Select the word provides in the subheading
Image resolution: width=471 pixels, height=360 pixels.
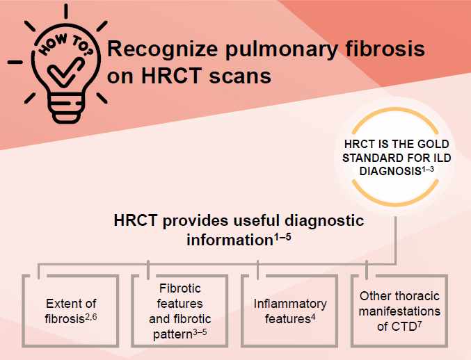[x=197, y=221]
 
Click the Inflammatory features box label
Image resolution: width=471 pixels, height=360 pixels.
[x=289, y=311]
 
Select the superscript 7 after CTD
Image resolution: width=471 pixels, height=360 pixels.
[x=421, y=322]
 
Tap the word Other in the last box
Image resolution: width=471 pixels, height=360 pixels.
[x=376, y=297]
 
